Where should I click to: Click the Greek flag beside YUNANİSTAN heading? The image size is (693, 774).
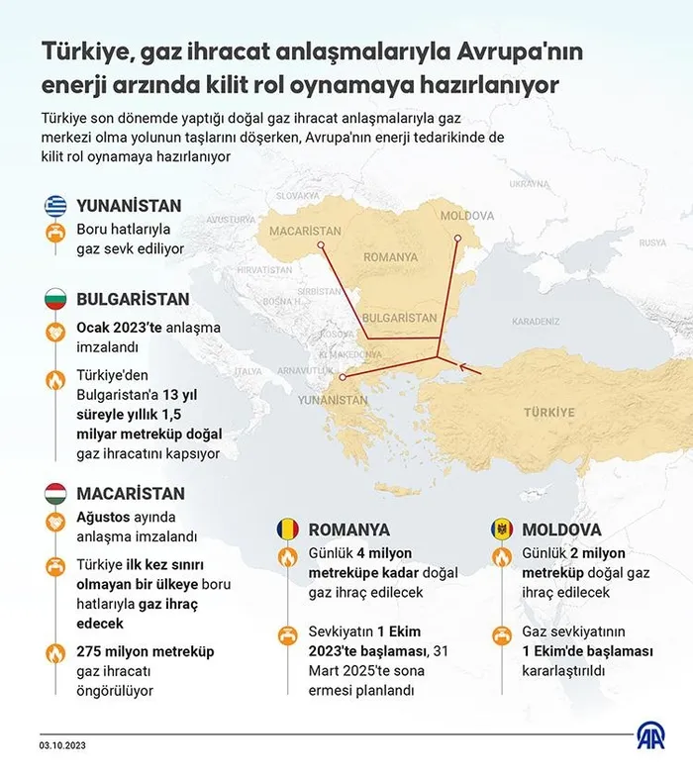click(55, 206)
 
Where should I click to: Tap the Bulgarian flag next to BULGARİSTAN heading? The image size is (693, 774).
click(55, 297)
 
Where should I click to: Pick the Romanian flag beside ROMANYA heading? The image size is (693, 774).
click(287, 529)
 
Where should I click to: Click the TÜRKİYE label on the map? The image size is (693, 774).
click(548, 411)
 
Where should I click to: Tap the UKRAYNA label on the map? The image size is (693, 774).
click(529, 184)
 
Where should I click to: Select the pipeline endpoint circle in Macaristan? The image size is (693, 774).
click(320, 243)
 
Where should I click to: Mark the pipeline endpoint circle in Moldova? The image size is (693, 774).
click(457, 239)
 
